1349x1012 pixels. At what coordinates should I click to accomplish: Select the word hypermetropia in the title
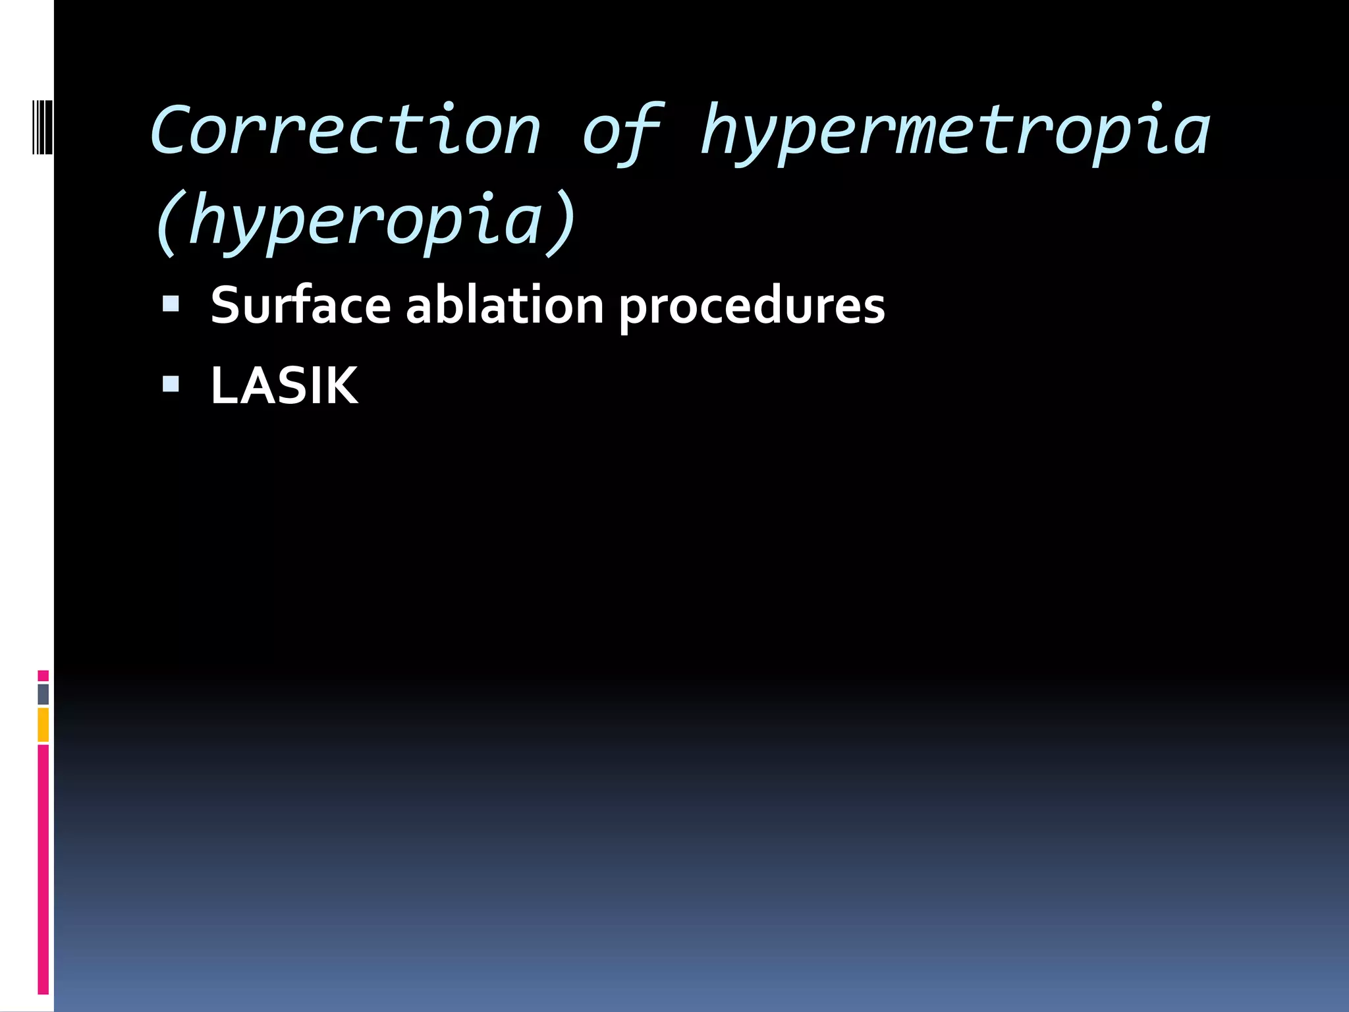[955, 132]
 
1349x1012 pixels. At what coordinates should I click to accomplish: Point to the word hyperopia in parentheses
[366, 221]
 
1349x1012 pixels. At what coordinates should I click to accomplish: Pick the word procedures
[752, 307]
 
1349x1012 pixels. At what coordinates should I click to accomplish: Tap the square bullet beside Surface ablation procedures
[171, 304]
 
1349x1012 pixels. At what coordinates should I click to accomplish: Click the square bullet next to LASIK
[171, 384]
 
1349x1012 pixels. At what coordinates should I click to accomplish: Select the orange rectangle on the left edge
[43, 725]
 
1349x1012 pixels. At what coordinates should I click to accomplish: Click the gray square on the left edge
[43, 694]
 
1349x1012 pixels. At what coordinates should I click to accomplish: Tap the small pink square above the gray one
[43, 675]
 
